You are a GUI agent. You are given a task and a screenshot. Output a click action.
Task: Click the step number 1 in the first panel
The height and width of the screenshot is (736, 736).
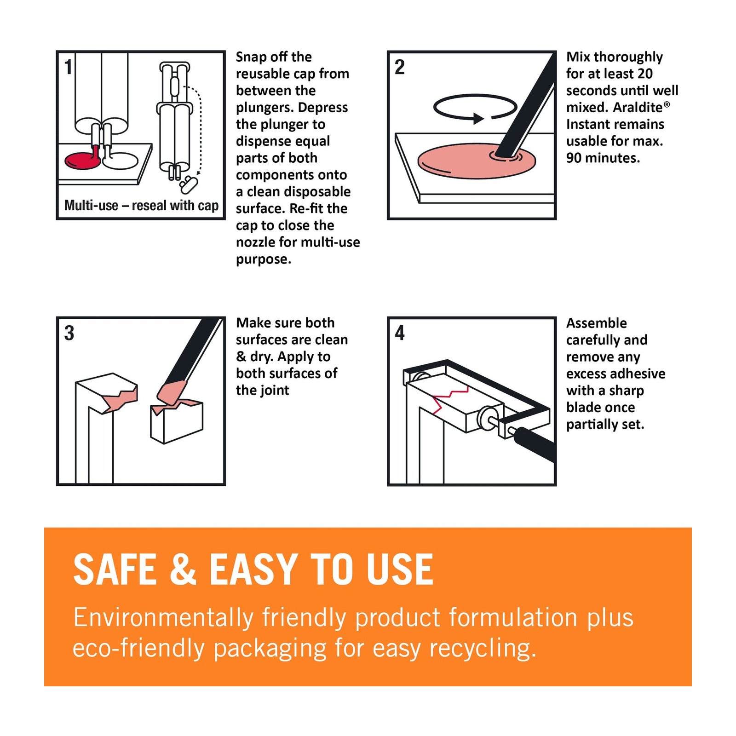pos(68,67)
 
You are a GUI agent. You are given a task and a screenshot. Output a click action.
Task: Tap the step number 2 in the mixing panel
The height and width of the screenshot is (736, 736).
pos(400,67)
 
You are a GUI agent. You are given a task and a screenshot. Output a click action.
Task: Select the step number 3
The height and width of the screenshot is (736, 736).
pos(69,333)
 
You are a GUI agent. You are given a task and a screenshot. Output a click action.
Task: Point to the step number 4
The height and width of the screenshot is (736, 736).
pos(400,333)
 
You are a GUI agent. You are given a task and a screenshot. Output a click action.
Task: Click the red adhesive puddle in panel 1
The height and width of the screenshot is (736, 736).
pos(82,160)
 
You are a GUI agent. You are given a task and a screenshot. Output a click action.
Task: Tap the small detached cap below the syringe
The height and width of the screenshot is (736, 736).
pos(188,184)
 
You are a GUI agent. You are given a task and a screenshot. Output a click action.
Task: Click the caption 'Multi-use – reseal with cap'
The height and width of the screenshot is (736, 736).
pos(141,205)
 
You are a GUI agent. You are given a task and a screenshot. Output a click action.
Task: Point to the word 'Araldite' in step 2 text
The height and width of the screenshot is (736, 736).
pos(638,107)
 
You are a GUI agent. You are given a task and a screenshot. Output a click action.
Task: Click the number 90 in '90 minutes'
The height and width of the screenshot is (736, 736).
pos(574,158)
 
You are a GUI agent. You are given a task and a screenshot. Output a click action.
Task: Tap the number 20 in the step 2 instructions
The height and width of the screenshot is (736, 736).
pos(645,74)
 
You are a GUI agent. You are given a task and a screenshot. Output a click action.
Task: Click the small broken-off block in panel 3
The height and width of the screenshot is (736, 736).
pos(177,421)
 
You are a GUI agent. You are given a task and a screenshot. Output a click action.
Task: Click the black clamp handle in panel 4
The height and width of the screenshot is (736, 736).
pos(535,444)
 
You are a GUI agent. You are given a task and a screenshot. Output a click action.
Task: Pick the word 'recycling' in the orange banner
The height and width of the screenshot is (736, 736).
pos(483,649)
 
